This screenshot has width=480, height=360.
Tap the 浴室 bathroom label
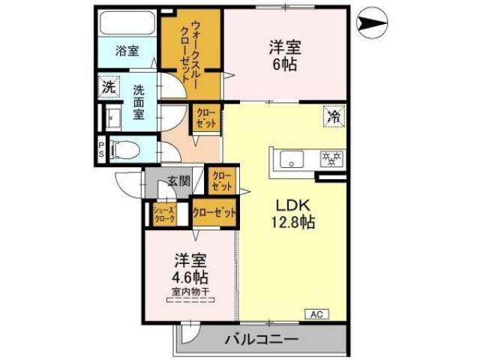tap(127, 51)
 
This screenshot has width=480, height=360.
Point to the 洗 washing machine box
tap(109, 87)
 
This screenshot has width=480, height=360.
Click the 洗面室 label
tap(139, 103)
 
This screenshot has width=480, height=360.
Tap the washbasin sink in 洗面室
tap(114, 118)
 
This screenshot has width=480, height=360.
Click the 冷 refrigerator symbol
tap(334, 115)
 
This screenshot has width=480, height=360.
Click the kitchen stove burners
tap(330, 158)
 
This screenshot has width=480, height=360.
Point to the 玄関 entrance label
tap(178, 181)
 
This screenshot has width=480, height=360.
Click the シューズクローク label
tap(163, 214)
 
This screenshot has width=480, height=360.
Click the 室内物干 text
tap(190, 292)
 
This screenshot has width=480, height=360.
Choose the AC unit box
tap(314, 313)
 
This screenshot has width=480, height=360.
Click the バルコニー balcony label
tap(260, 340)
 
